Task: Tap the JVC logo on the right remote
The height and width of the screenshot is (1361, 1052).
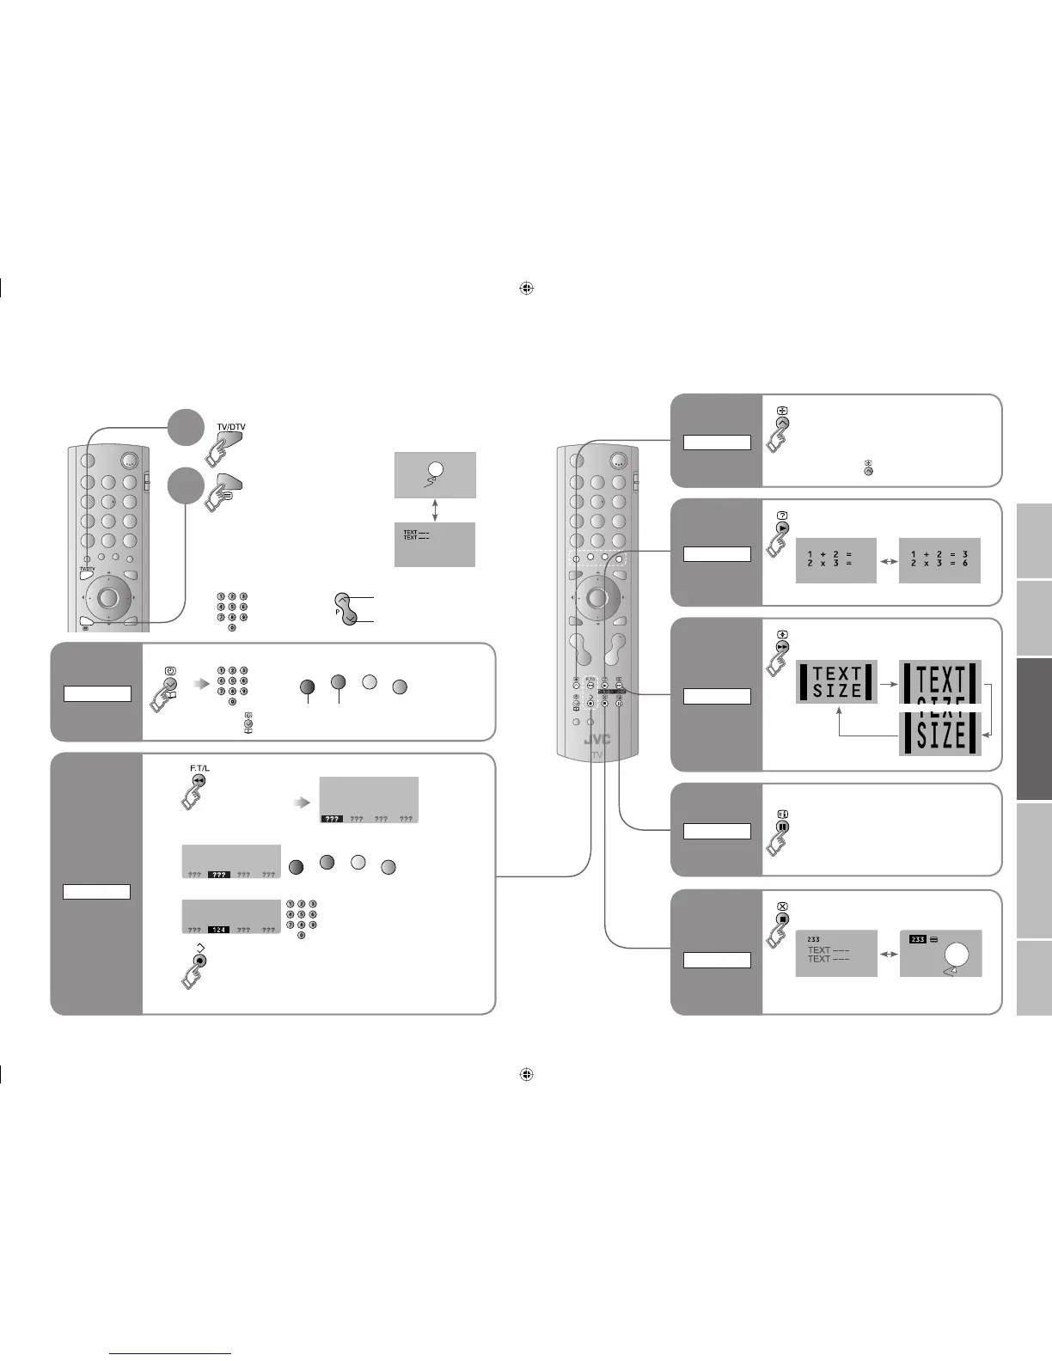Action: (x=597, y=740)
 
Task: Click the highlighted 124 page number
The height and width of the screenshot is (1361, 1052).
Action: (x=218, y=930)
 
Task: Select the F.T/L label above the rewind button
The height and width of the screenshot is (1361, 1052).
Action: (x=199, y=767)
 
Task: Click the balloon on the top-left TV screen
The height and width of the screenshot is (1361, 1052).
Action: (x=435, y=469)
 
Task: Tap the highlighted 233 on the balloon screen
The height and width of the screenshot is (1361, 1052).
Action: (x=917, y=939)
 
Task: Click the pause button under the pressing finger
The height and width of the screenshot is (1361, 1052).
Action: (x=782, y=827)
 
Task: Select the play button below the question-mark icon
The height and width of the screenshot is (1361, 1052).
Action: (x=782, y=528)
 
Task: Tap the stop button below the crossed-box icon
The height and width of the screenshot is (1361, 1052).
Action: (x=782, y=919)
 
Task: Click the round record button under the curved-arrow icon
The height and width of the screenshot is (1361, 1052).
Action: (x=199, y=960)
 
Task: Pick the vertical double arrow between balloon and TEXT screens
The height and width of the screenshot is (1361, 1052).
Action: (x=435, y=510)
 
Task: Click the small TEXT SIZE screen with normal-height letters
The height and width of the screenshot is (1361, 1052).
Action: (x=836, y=682)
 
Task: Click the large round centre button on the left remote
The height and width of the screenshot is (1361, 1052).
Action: (x=107, y=596)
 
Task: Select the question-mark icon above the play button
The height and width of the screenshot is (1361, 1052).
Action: (x=782, y=515)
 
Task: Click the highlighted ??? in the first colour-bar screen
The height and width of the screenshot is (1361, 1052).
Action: (x=332, y=819)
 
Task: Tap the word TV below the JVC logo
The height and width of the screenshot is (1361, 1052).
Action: (x=596, y=755)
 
